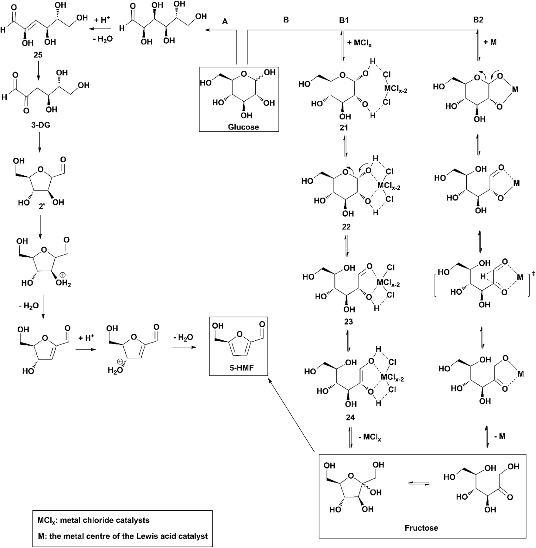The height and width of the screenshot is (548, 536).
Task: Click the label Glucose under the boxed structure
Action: [x=243, y=127]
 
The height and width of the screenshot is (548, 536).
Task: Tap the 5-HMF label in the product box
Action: [x=238, y=368]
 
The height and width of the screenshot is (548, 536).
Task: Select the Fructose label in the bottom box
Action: [x=421, y=528]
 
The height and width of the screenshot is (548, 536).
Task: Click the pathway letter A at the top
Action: [x=225, y=21]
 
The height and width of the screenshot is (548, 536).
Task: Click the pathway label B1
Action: [x=344, y=20]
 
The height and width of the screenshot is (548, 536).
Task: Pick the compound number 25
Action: [x=38, y=55]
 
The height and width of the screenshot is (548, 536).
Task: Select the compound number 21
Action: [x=344, y=128]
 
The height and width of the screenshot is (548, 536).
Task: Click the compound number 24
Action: [x=350, y=418]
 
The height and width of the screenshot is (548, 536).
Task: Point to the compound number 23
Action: [x=348, y=322]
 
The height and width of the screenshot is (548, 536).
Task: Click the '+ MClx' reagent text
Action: [x=359, y=43]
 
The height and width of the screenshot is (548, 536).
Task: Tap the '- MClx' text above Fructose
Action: [x=370, y=438]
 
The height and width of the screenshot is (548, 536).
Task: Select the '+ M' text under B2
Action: [x=490, y=42]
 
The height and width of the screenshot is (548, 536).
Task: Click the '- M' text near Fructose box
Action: [x=499, y=437]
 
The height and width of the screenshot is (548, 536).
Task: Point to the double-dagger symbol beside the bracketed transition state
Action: [x=534, y=274]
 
